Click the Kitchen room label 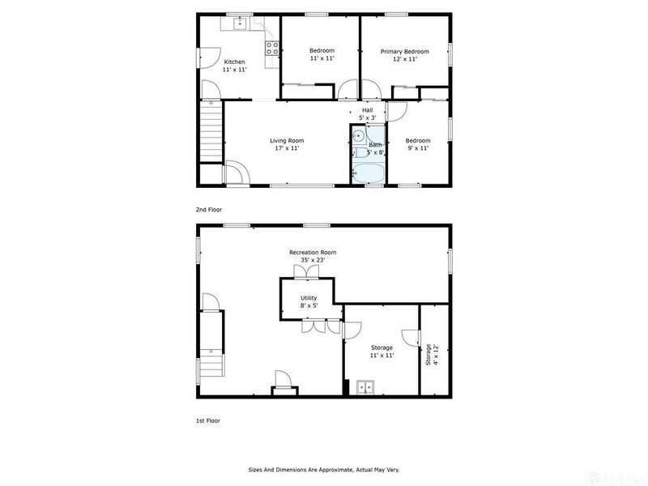coord(235,62)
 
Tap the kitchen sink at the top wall coord(241,24)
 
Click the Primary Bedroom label coord(405,51)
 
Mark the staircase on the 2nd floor coord(211,134)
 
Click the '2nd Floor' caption coord(209,209)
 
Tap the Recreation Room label coord(313,253)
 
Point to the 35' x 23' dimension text coord(313,261)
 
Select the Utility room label coord(309,298)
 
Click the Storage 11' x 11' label coord(382,352)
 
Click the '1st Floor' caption coord(209,420)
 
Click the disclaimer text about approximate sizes coord(323,469)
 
